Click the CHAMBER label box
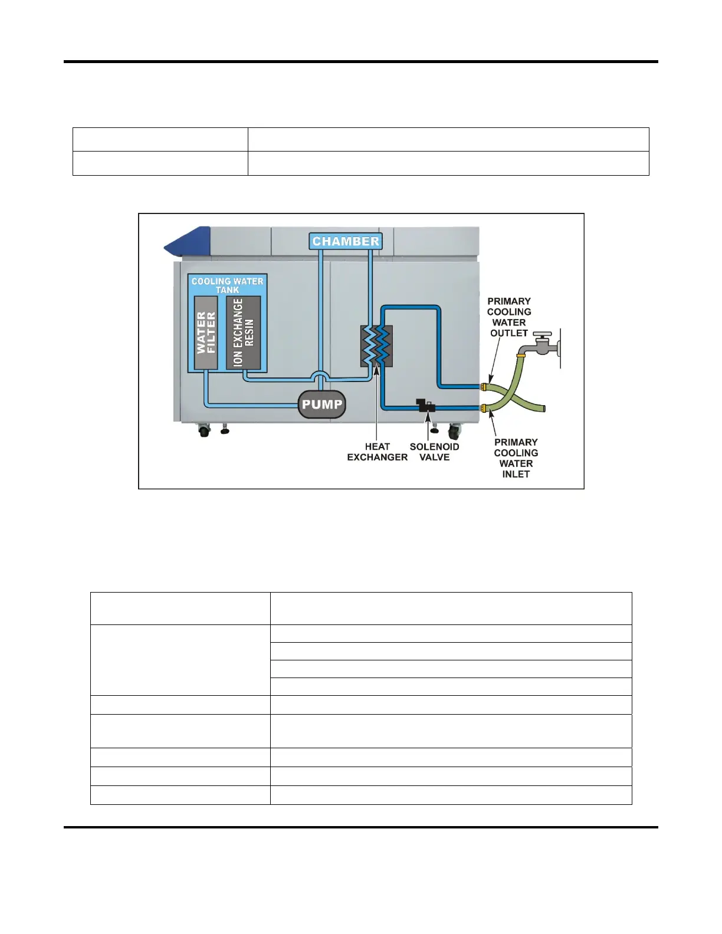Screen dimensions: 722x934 [x=346, y=241]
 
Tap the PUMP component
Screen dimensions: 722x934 [x=321, y=404]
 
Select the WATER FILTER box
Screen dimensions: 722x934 [x=206, y=333]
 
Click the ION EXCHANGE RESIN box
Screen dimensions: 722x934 [x=243, y=333]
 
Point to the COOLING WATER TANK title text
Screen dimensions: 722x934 [x=227, y=285]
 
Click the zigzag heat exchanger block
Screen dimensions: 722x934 [x=377, y=346]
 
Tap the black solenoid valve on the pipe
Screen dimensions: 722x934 [x=425, y=406]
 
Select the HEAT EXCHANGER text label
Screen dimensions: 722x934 [x=377, y=452]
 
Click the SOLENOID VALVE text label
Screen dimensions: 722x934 [x=434, y=452]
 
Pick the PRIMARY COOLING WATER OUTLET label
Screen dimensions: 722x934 [x=509, y=317]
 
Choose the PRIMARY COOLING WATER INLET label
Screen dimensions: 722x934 [x=516, y=458]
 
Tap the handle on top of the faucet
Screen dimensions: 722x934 [x=542, y=334]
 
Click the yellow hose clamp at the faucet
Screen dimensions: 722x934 [x=521, y=356]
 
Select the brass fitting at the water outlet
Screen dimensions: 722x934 [x=484, y=387]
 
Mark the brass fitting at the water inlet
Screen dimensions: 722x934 [x=484, y=408]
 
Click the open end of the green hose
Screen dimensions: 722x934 [x=543, y=408]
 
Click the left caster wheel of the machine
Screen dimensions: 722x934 [x=204, y=431]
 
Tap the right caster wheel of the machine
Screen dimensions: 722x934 [x=454, y=432]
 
